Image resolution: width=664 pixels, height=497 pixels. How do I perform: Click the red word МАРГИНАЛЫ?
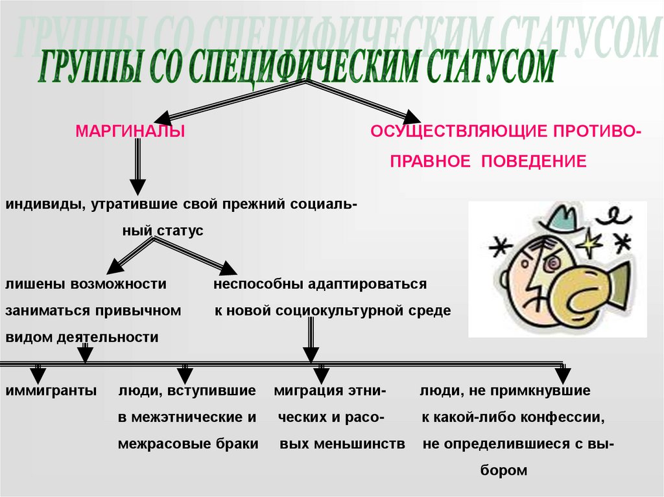coord(130,132)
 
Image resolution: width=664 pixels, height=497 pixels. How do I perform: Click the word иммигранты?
coord(51,391)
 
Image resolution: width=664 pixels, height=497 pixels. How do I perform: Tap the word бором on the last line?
coord(504,471)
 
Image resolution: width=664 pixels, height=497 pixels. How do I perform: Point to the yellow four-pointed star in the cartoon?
coord(589,246)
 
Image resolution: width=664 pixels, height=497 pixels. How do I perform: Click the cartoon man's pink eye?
coord(553,264)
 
